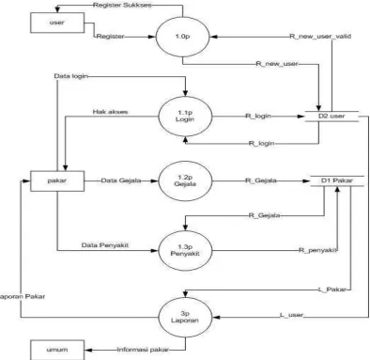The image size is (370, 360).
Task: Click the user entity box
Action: click(x=57, y=23)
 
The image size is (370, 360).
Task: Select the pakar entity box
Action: click(x=57, y=180)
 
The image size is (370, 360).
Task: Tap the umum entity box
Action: click(x=57, y=350)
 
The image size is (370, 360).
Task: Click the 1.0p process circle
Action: click(x=182, y=37)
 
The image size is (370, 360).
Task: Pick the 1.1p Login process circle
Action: click(x=185, y=117)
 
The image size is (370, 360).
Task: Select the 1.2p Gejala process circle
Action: click(x=185, y=180)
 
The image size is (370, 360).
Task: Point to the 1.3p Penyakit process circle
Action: click(x=185, y=250)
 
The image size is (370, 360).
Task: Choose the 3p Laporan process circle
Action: click(x=185, y=317)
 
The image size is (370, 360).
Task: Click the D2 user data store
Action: click(x=331, y=116)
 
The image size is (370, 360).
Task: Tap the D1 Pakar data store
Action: click(x=337, y=180)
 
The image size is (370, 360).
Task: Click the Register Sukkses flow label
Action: click(x=122, y=5)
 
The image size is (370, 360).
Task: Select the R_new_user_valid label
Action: click(x=320, y=37)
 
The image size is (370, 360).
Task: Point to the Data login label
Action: click(x=71, y=76)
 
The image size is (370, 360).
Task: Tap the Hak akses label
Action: click(x=110, y=112)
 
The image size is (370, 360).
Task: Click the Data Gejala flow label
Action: click(x=121, y=180)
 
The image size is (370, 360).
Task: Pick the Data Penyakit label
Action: click(x=105, y=245)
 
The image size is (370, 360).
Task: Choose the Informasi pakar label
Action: click(x=143, y=350)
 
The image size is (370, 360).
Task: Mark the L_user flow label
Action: click(x=292, y=315)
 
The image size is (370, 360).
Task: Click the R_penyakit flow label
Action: click(x=317, y=250)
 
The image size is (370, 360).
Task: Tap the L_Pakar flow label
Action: click(x=332, y=290)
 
